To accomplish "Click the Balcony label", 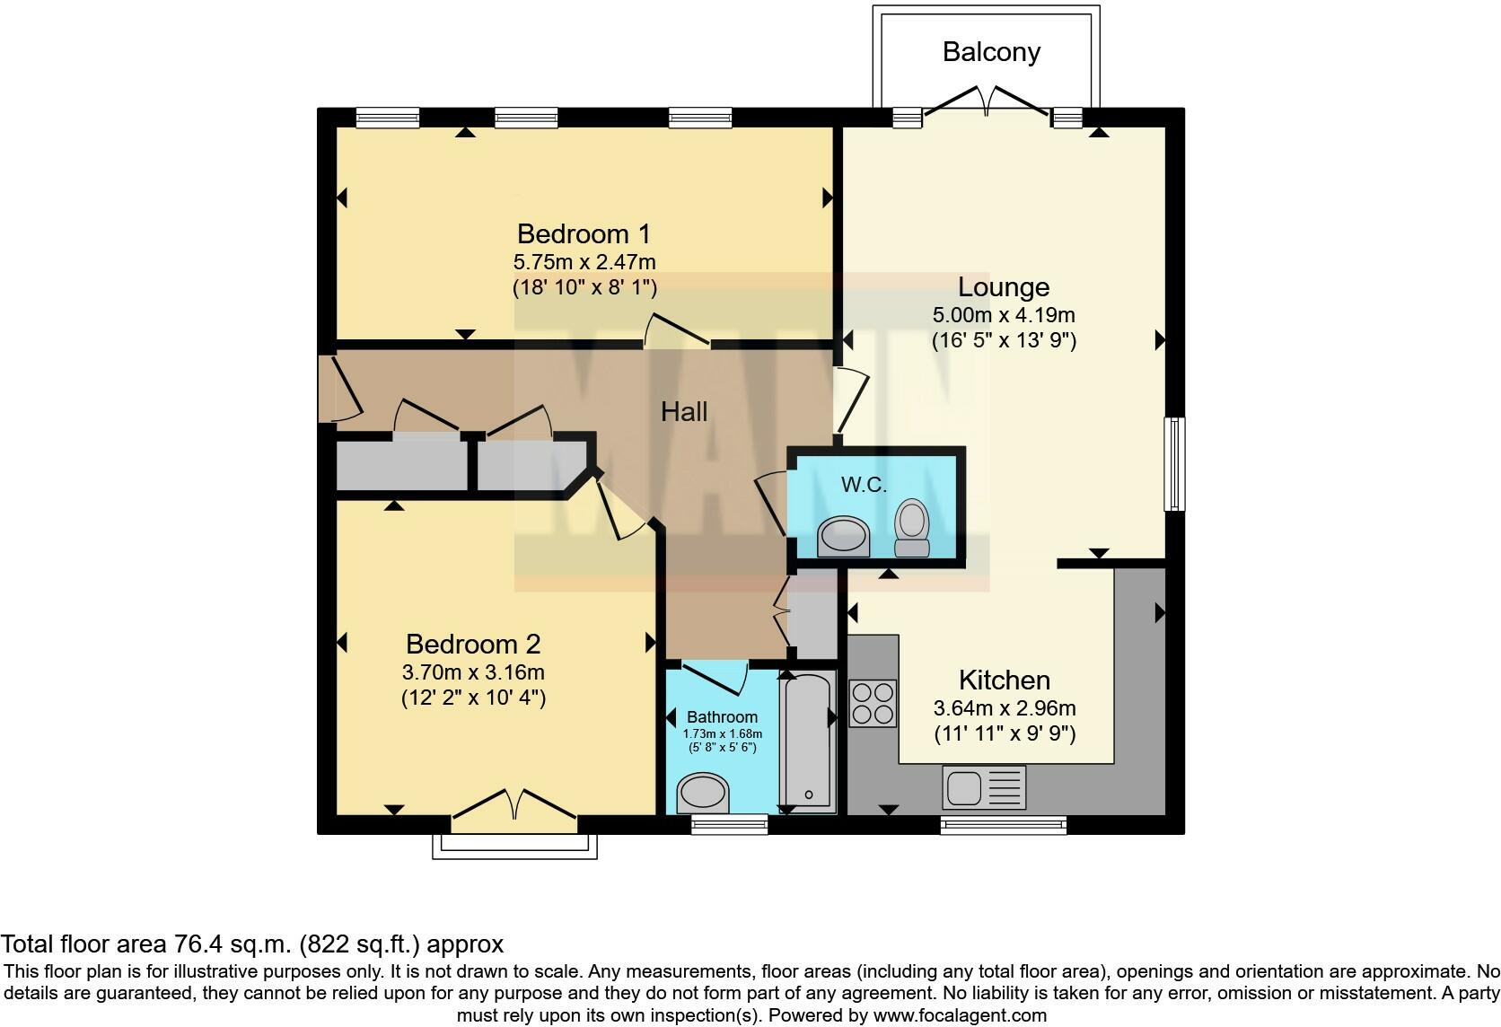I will pos(991,52).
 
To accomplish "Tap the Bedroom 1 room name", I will pos(584,234).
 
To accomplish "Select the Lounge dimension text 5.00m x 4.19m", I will pos(1004,315).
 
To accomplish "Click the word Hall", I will pos(684,412).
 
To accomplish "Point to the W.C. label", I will pos(864,485).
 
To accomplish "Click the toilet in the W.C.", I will pos(912,529).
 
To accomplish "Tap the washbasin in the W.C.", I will pos(844,537).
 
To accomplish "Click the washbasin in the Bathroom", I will pos(705,793).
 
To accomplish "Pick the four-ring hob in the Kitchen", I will pos(873,703).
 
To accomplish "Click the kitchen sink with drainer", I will pos(984,787).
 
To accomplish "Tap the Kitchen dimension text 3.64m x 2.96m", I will pos(1005,708).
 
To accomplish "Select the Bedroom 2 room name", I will pos(473,644).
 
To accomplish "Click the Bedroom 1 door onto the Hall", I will pos(678,332).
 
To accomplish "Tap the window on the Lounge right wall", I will pos(1174,463).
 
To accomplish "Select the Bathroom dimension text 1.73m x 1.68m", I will pos(722,733).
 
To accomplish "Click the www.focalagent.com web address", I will pos(959,1016).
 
